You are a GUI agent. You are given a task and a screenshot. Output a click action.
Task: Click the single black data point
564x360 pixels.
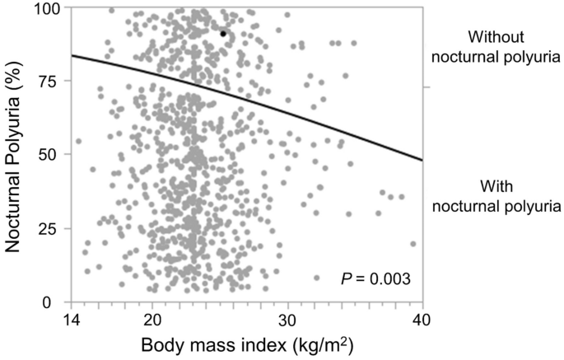pyautogui.click(x=223, y=34)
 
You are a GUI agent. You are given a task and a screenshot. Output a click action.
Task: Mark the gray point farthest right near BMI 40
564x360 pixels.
pyautogui.click(x=413, y=244)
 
